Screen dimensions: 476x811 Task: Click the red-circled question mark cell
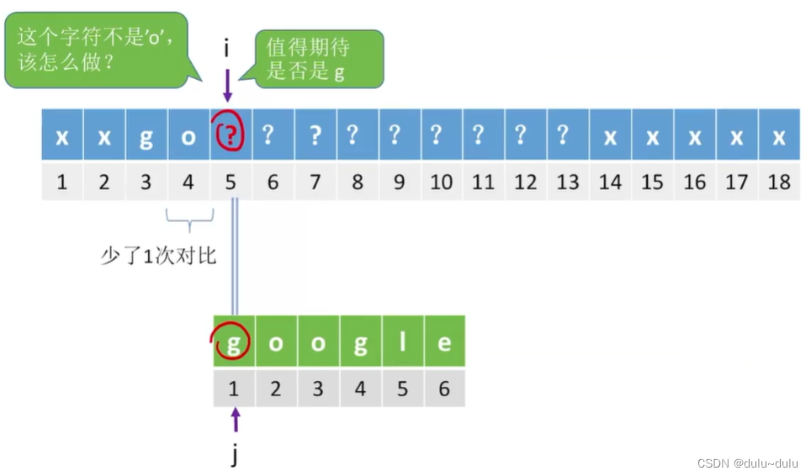[x=231, y=135]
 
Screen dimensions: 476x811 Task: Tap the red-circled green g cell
[x=234, y=341]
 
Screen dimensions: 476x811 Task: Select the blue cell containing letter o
[x=188, y=135]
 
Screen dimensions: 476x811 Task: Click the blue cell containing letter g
[x=146, y=135]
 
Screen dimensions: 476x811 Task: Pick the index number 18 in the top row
[x=779, y=181]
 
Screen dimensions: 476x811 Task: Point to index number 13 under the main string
[x=568, y=181]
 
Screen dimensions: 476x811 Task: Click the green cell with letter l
[x=402, y=341]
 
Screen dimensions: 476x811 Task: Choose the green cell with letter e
[x=444, y=341]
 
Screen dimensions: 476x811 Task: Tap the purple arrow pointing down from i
[x=227, y=85]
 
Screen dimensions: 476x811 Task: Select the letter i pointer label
[x=227, y=49]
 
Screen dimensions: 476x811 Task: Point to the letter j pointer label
[x=235, y=455]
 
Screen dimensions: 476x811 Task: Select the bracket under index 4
[x=189, y=223]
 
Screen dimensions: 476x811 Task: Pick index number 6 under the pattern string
[x=444, y=388]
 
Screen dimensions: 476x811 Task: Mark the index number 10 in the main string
[x=441, y=181]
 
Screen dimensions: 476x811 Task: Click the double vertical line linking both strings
[x=235, y=257]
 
